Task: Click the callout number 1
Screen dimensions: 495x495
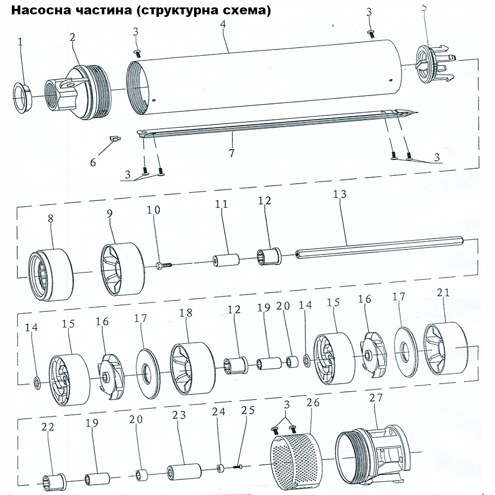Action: coord(20,43)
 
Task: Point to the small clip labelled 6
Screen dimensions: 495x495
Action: coord(115,139)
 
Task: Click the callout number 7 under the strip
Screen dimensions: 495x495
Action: coord(231,152)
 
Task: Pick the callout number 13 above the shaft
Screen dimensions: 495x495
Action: coord(341,194)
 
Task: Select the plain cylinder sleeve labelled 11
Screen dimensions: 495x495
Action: coord(226,260)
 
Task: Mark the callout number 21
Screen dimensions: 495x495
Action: coord(443,293)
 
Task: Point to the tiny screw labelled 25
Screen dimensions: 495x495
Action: coord(241,465)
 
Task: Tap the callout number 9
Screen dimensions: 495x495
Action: coord(109,213)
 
